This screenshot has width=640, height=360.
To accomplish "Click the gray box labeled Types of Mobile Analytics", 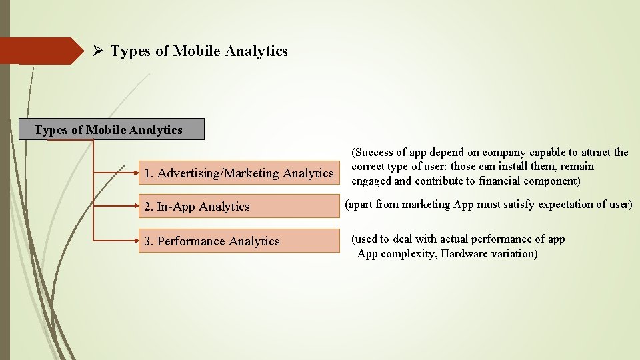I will [111, 129].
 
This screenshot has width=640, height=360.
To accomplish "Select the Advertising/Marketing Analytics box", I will [239, 173].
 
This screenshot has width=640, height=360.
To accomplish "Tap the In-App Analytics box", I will [239, 207].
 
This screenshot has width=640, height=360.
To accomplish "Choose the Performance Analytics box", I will [239, 241].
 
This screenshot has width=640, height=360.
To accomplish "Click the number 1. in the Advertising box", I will [149, 173].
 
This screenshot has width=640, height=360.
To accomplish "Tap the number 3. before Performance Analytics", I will [149, 241].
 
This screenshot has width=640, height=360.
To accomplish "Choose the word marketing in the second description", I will [423, 204].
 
